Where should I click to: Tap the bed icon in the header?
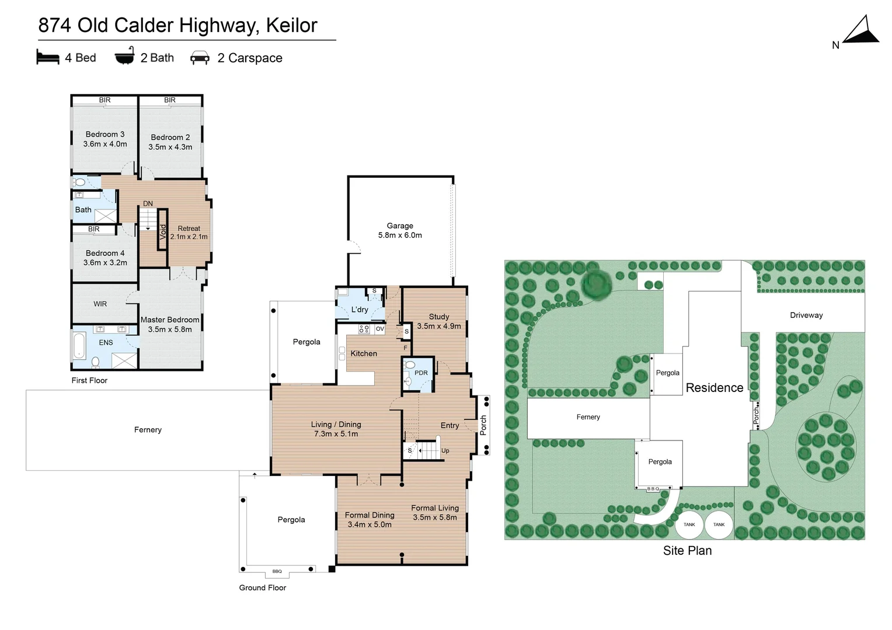[48, 57]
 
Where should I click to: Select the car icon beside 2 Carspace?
[200, 58]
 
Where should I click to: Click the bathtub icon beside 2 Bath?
[124, 56]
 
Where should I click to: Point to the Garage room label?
[400, 226]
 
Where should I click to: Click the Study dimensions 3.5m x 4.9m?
[439, 326]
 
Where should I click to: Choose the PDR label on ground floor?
[421, 373]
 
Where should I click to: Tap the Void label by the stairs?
[163, 232]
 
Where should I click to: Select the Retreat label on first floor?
[189, 229]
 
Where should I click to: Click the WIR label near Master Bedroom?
[100, 304]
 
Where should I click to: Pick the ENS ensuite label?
[106, 342]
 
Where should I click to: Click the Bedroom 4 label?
[105, 253]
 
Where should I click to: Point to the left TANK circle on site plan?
[689, 524]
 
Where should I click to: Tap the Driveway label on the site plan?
[806, 315]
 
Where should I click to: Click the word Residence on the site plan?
[715, 388]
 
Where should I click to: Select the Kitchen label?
[364, 353]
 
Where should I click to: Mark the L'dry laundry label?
[360, 310]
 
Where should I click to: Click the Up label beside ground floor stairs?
[445, 451]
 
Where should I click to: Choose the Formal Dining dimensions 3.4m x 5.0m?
[370, 524]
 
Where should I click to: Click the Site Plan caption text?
[687, 551]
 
